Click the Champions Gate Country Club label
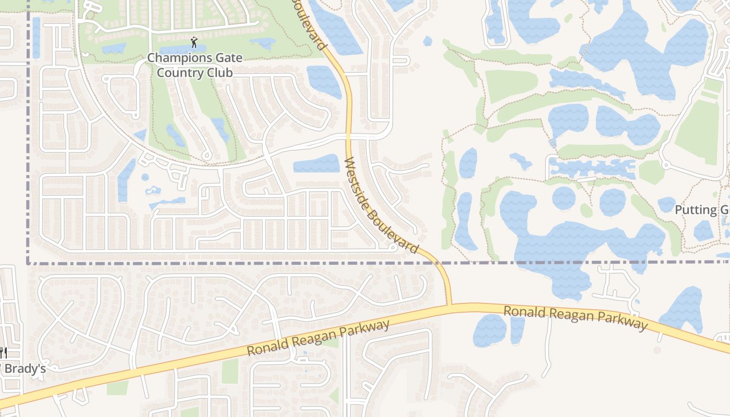(x=194, y=65)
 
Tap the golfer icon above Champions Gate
(x=194, y=42)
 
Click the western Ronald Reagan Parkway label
(x=318, y=338)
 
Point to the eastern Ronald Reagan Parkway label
(x=575, y=317)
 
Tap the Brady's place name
(x=25, y=369)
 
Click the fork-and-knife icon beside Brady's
(x=3, y=353)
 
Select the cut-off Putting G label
(x=702, y=210)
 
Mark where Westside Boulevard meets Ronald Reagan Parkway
(x=448, y=305)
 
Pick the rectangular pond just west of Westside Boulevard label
(x=317, y=164)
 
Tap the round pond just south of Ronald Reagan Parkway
(x=489, y=330)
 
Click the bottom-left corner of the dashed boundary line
(x=28, y=263)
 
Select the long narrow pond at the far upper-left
(x=36, y=37)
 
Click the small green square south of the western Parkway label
(x=230, y=371)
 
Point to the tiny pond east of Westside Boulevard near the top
(x=428, y=41)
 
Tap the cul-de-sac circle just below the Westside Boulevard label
(x=394, y=248)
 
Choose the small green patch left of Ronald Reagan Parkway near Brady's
(x=117, y=388)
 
